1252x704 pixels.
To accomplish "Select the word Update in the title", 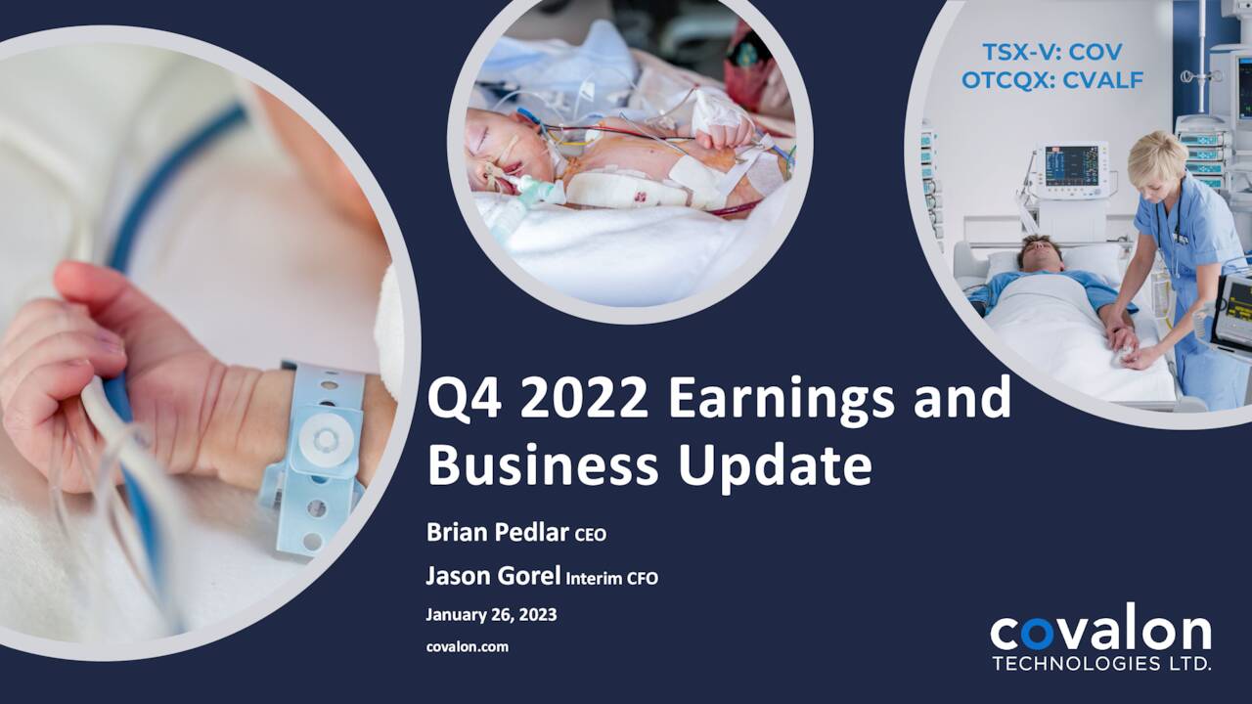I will click(775, 465).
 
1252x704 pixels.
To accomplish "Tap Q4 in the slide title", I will click(461, 399).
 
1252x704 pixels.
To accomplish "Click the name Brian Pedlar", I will click(498, 533).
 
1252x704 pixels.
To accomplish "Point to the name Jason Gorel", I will click(493, 577).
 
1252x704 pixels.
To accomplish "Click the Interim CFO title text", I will click(612, 578).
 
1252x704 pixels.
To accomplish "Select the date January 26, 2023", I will click(491, 615).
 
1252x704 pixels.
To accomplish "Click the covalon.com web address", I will click(468, 646).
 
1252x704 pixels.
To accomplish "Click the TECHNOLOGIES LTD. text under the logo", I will click(1101, 664).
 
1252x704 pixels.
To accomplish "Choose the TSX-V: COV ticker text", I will click(1052, 52).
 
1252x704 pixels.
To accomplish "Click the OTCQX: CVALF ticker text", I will click(1052, 80).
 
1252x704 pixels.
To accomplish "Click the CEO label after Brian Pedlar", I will click(591, 535).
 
